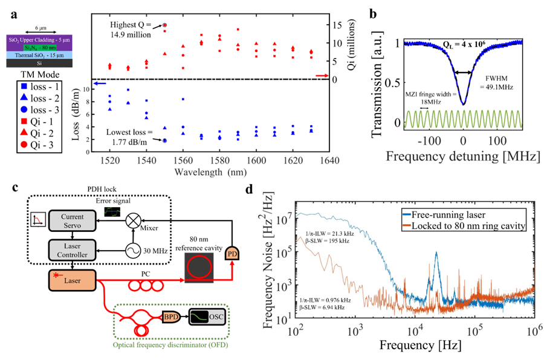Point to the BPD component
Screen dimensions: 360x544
[x=169, y=316]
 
